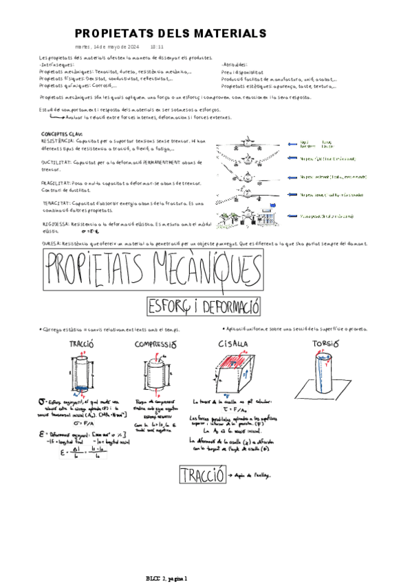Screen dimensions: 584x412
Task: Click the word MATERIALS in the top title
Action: [228, 34]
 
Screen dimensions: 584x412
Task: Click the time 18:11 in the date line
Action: [156, 47]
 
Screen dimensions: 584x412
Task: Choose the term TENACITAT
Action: [55, 204]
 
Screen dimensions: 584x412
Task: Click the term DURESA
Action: [52, 243]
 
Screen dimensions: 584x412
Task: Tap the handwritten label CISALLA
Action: [234, 344]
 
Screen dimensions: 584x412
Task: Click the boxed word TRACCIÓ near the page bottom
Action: [202, 475]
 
